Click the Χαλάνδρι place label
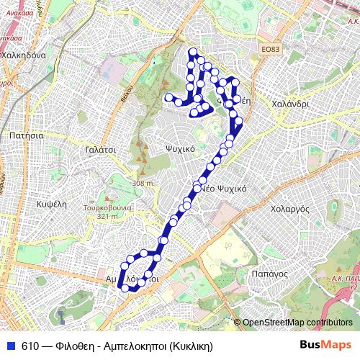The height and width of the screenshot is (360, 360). (291, 104)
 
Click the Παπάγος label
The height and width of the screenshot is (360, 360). (271, 274)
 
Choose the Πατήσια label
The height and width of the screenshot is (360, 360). (27, 135)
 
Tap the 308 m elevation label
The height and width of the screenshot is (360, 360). (143, 184)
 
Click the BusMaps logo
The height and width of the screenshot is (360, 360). (325, 346)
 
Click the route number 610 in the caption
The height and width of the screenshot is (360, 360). (30, 346)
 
